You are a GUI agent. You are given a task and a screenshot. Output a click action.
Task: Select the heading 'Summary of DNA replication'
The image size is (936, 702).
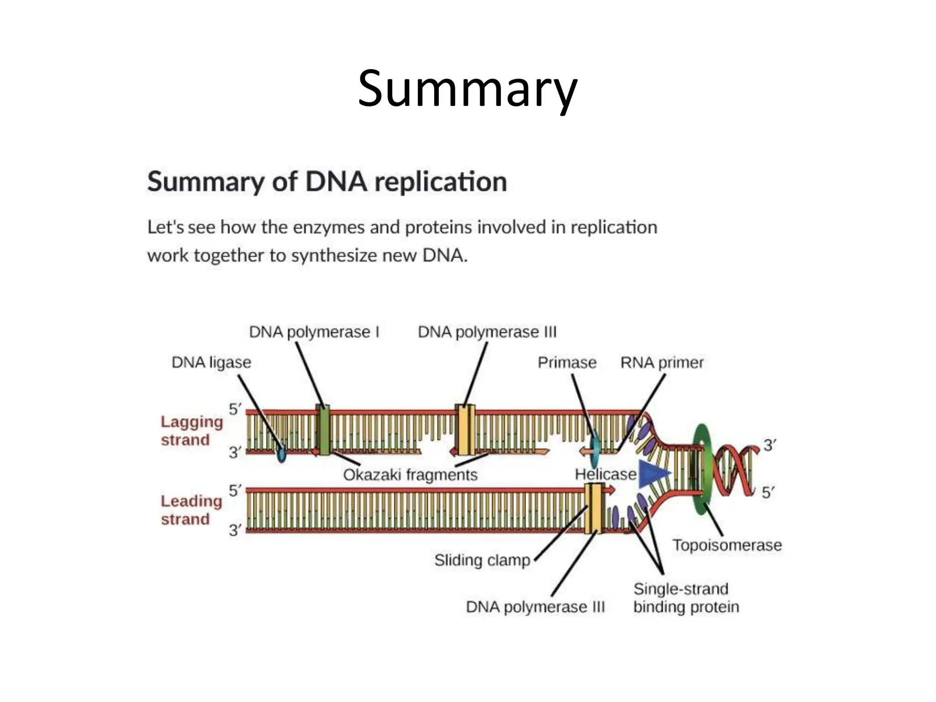[x=327, y=182]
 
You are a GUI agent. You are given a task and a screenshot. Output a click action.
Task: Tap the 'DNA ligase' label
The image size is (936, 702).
[x=211, y=362]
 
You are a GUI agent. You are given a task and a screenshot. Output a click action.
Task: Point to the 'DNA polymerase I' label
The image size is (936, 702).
[x=314, y=332]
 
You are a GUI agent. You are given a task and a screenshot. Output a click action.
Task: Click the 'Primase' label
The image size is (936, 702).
[x=567, y=362]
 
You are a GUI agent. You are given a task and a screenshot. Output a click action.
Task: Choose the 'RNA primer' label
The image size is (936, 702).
[x=662, y=362]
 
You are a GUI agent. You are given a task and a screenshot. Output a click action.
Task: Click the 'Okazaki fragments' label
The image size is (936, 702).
[x=410, y=475]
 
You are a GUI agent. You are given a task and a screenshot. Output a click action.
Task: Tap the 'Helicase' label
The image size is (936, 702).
[x=605, y=474]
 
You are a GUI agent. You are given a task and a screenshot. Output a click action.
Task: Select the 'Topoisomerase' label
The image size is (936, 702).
[x=727, y=545]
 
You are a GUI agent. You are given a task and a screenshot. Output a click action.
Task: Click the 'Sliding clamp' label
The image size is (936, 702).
[x=482, y=560]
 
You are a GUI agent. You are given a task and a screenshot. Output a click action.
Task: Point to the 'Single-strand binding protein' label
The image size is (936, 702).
[x=686, y=598]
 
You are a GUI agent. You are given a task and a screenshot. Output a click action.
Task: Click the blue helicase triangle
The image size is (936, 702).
[x=652, y=474]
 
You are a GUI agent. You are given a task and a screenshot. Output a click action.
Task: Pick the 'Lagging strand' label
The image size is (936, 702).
[x=191, y=431]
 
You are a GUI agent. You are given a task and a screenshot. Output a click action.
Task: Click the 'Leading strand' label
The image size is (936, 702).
[x=191, y=510]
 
